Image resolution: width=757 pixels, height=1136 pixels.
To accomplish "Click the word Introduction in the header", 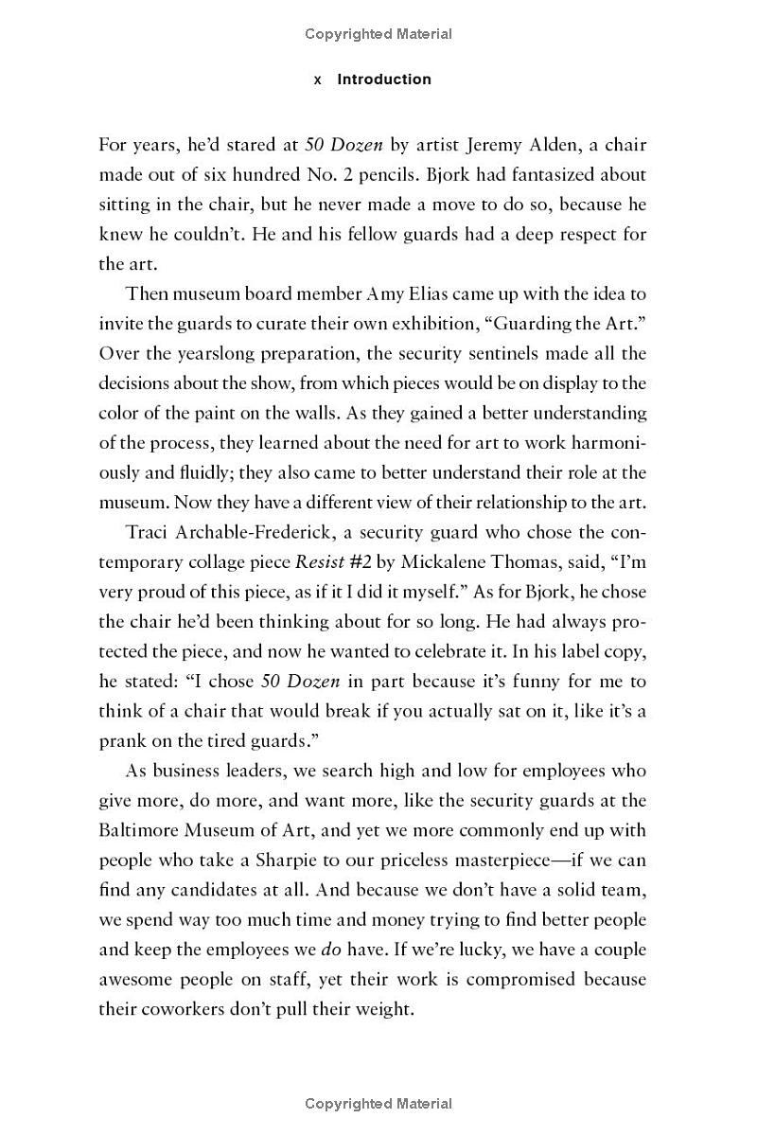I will click(384, 80).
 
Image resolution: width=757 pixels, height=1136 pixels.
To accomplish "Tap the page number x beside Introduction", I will click(318, 80).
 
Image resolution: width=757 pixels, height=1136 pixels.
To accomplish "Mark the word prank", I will click(123, 740).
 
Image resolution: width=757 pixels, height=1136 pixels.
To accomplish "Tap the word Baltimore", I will click(139, 830).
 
